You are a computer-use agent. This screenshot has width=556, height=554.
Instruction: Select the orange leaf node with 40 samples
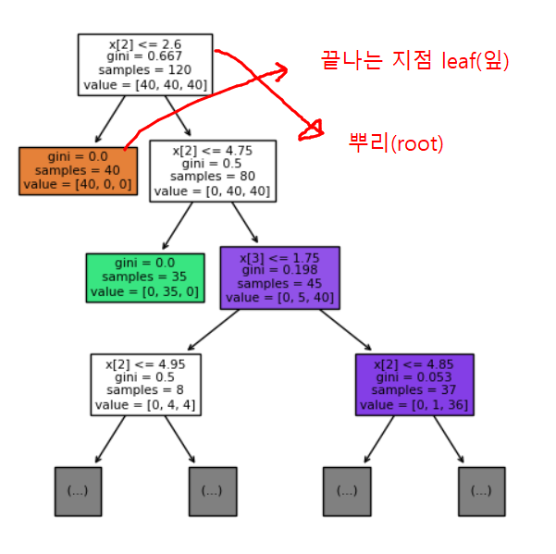pyautogui.click(x=79, y=170)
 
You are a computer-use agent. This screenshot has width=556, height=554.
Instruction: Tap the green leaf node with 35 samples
pyautogui.click(x=142, y=277)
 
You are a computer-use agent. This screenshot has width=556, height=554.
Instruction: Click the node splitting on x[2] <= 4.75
pyautogui.click(x=212, y=169)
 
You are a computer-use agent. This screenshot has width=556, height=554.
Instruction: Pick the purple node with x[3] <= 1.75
pyautogui.click(x=279, y=277)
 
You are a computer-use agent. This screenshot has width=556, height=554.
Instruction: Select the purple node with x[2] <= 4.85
pyautogui.click(x=414, y=383)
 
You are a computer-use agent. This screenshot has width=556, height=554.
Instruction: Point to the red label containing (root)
pyautogui.click(x=396, y=143)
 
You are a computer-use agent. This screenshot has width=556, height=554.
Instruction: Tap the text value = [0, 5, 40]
pyautogui.click(x=279, y=298)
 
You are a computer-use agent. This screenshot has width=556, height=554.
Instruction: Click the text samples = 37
pyautogui.click(x=414, y=391)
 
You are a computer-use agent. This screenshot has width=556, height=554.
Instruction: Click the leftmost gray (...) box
pyautogui.click(x=78, y=490)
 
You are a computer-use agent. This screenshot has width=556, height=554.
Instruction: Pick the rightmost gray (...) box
pyautogui.click(x=481, y=490)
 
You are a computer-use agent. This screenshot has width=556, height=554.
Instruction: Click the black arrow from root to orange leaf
pyautogui.click(x=109, y=118)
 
